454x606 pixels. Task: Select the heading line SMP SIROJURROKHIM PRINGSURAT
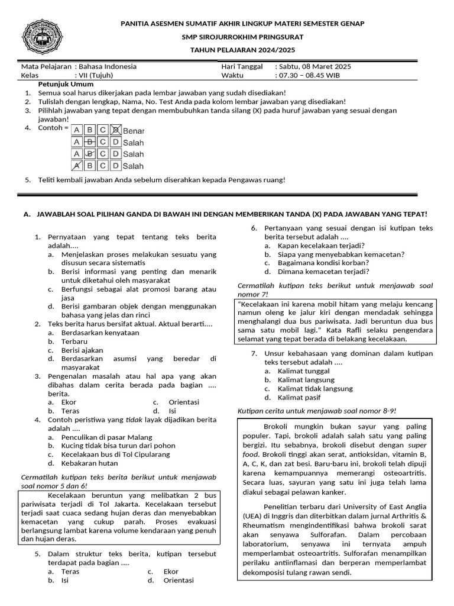(242, 37)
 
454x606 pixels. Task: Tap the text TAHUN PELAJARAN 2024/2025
(242, 50)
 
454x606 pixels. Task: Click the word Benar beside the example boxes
(133, 130)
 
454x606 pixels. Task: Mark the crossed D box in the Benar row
(116, 130)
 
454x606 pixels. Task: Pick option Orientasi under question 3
(184, 402)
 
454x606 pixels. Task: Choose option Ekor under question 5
(171, 572)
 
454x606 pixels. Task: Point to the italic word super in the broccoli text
(417, 444)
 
